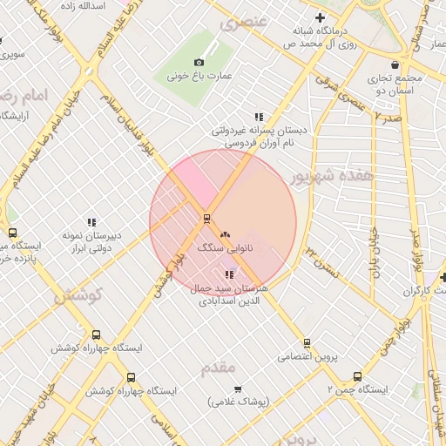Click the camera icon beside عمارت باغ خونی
coord(199,62)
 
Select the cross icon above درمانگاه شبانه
coord(321,17)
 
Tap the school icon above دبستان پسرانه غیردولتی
coord(259,116)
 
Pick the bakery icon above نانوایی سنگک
coord(226,234)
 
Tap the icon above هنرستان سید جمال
coord(229,274)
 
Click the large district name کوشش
coord(78,295)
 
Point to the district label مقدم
coord(219,368)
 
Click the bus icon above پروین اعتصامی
coord(306,342)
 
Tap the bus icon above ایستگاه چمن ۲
coord(357,376)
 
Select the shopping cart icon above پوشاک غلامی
coord(239,389)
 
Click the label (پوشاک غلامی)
coord(240,402)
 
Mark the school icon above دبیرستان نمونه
coord(91,222)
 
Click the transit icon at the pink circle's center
coord(206,218)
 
